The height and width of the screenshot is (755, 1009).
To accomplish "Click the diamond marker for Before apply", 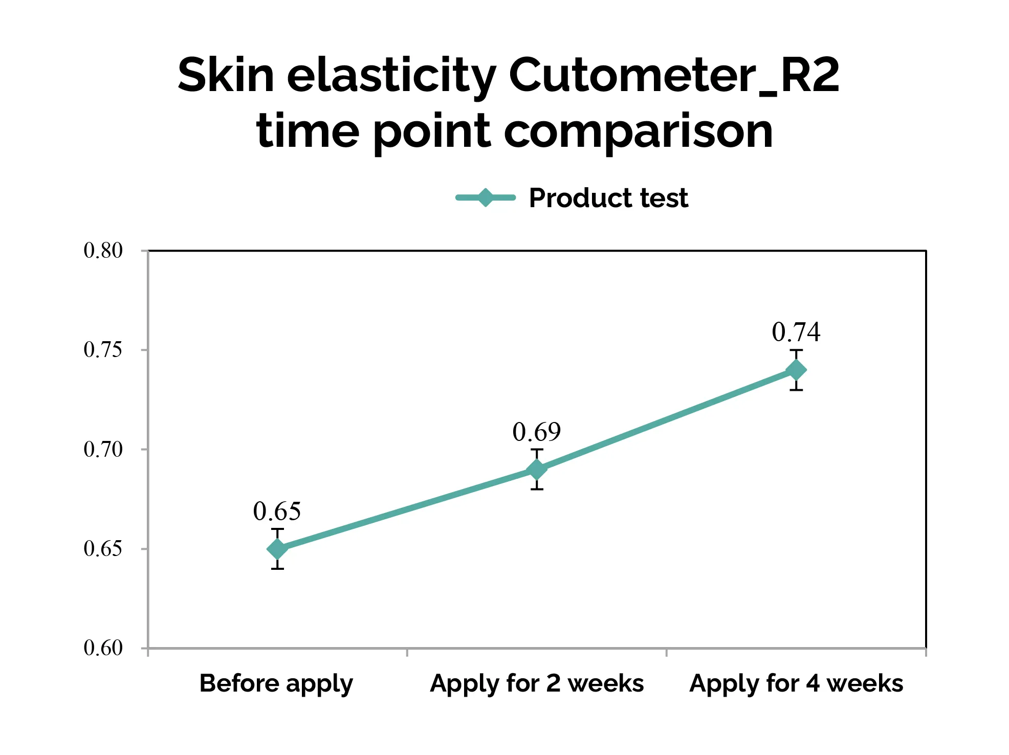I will coord(277,549).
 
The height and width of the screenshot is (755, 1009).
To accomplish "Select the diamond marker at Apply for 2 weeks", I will coord(537,469).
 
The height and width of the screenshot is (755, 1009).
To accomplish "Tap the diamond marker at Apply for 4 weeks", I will coord(796,370).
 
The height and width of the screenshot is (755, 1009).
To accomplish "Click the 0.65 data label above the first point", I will coord(277,511).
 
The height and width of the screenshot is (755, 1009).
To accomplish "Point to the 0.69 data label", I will coord(536,432).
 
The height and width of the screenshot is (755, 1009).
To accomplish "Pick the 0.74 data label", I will coord(796,332).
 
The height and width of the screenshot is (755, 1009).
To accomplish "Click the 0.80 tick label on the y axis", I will coord(103,251).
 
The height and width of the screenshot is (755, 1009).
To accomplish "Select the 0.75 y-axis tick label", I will coord(103,350).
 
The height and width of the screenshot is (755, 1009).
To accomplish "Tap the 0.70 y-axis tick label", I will coord(103,450).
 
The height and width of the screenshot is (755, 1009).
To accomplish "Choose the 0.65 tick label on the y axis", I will coord(103,549).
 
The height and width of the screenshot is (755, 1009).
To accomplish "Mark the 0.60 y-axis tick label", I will coord(103,648).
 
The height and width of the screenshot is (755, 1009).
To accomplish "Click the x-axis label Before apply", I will coord(276,684).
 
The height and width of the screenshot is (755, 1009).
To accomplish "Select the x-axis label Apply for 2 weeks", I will coord(537,683).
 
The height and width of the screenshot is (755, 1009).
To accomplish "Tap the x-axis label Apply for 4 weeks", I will coord(796,683).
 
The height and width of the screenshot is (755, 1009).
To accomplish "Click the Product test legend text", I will coord(608,198).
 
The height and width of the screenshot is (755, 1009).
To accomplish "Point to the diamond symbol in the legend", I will coord(485,197).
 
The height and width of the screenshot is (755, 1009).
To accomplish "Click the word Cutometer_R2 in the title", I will coord(674,75).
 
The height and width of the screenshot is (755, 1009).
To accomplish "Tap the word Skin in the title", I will coord(226,75).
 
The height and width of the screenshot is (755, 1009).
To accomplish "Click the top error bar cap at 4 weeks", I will coord(796,350).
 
